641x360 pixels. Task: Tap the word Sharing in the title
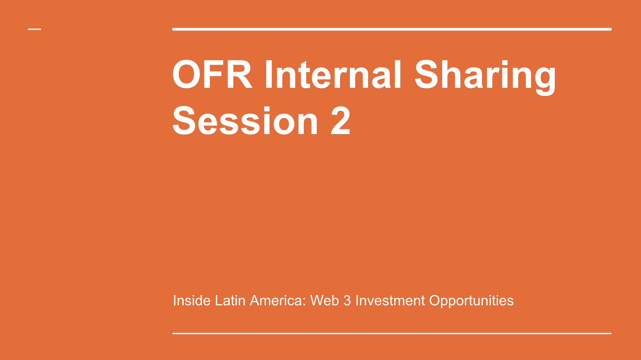coord(485,77)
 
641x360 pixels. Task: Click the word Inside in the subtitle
coord(191,300)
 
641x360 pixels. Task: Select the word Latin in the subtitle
coord(230,300)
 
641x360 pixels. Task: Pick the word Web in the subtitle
coord(325,300)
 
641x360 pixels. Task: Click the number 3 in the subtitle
coord(347,300)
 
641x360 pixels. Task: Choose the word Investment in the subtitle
coord(390,300)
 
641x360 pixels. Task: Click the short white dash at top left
coord(34,29)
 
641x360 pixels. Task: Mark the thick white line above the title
coord(392,29)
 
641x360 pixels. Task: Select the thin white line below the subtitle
coord(392,333)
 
